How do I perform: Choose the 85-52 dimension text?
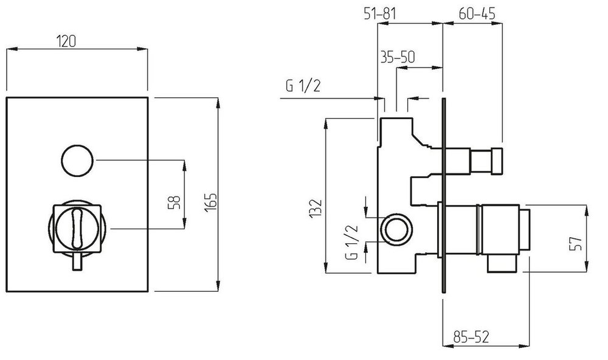click(x=472, y=334)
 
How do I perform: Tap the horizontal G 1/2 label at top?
click(x=303, y=86)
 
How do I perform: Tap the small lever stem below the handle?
click(x=77, y=262)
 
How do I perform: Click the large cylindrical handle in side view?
click(x=486, y=229)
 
